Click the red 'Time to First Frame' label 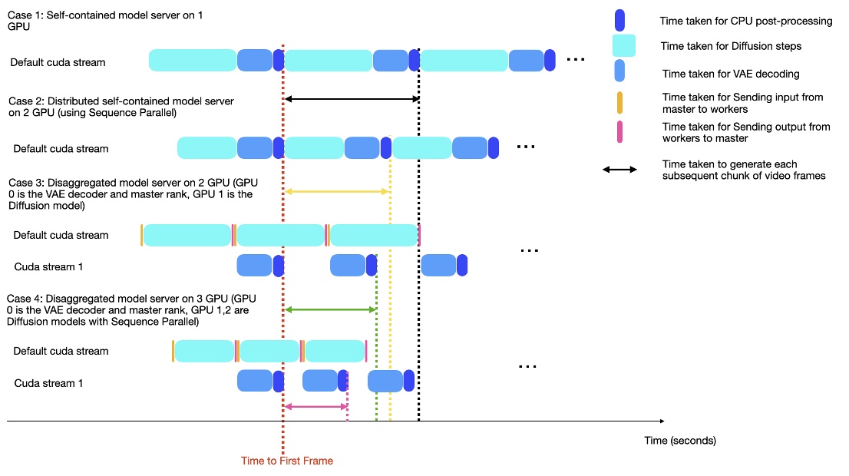287,461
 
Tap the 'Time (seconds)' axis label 680,441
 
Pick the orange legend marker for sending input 619,103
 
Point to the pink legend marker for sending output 619,131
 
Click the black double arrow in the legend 619,170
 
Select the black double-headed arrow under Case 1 352,99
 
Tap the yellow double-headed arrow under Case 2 337,191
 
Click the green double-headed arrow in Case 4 330,309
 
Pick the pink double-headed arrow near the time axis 315,407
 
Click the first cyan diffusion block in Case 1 192,61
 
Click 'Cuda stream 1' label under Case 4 48,383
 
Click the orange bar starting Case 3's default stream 141,235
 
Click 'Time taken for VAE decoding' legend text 724,74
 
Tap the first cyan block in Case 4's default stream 204,351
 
